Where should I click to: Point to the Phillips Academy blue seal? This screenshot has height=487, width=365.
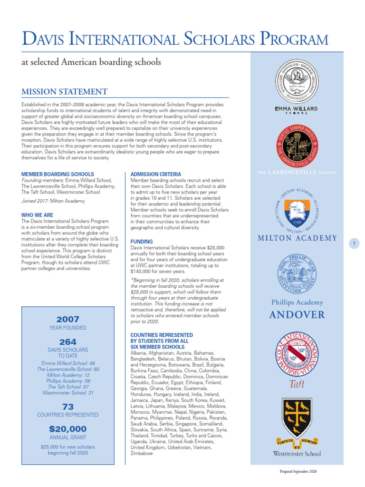tap(297, 275)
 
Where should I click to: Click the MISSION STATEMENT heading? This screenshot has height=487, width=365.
tap(65, 92)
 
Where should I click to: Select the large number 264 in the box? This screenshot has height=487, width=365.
tap(68, 342)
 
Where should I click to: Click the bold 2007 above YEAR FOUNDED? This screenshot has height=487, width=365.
tap(68, 319)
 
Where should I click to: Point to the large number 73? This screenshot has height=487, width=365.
tap(68, 406)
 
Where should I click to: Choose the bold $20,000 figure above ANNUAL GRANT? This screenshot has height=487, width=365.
tap(68, 429)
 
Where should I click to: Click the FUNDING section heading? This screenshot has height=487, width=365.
tap(142, 242)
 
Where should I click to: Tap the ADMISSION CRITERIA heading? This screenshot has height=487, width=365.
tap(156, 175)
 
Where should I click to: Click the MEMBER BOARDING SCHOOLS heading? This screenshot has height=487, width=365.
tap(58, 175)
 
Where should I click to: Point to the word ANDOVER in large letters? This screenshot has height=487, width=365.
tap(297, 315)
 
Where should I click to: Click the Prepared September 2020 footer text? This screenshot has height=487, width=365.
tap(298, 471)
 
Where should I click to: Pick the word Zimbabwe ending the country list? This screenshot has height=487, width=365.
tap(142, 454)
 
